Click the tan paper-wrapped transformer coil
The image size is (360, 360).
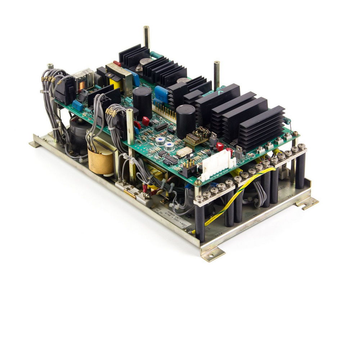(x=101, y=161)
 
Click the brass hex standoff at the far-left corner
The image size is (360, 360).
(x=50, y=66)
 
